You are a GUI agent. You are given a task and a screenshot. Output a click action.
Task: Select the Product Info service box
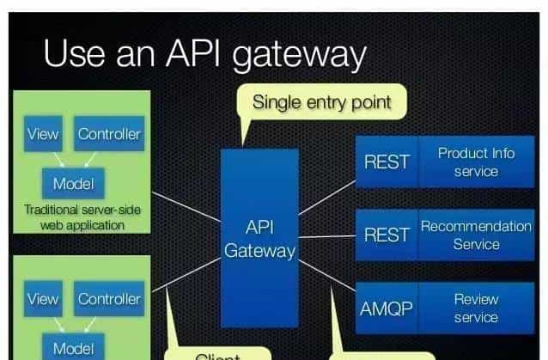(x=476, y=162)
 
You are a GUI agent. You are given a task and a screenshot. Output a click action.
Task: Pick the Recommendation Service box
(x=476, y=234)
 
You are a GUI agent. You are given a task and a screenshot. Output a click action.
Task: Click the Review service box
(x=476, y=307)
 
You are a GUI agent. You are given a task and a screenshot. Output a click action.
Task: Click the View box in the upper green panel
(x=43, y=134)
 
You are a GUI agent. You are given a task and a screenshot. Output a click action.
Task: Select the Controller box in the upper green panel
(x=109, y=134)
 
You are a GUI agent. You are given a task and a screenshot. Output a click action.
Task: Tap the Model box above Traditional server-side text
(x=73, y=183)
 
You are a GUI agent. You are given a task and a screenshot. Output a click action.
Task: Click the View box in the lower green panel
(x=43, y=299)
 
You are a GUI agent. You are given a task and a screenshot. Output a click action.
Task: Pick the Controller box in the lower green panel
(x=109, y=299)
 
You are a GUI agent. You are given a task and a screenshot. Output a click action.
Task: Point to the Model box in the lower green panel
(x=73, y=347)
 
